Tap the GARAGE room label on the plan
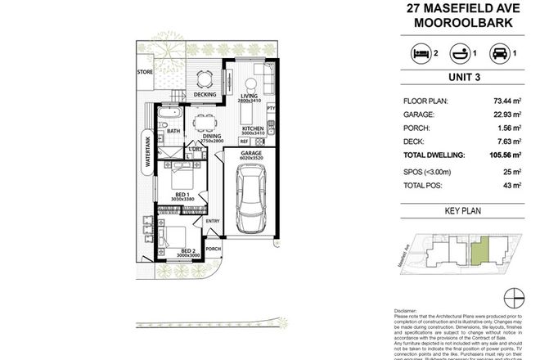tap(251, 153)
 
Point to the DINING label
tap(203, 137)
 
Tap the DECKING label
tap(205, 95)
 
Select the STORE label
tap(146, 71)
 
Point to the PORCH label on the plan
tap(214, 249)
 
